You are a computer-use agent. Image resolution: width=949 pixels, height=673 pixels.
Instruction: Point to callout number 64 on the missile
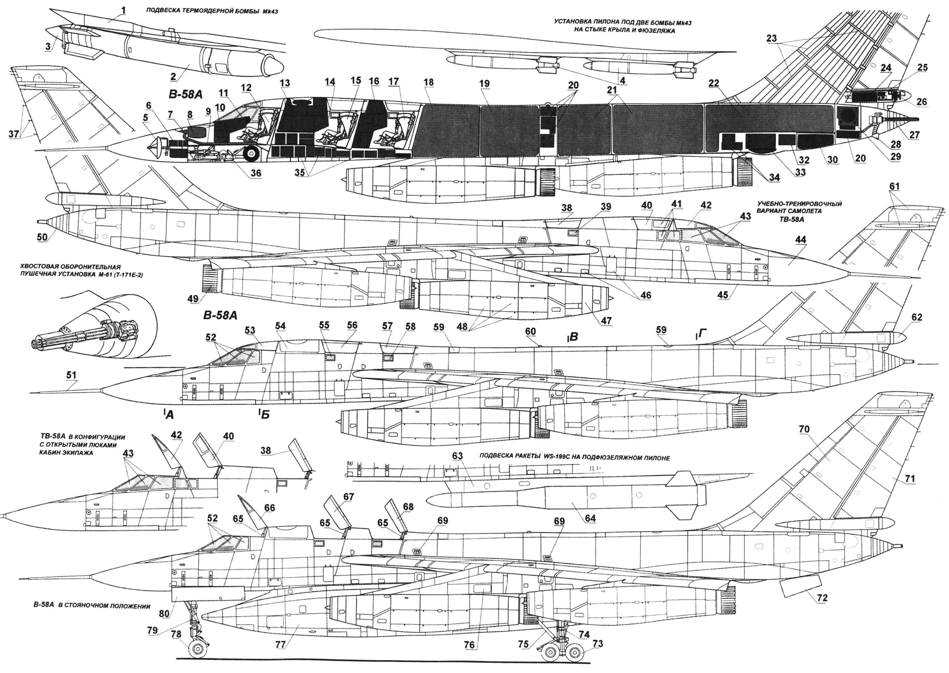[590, 518]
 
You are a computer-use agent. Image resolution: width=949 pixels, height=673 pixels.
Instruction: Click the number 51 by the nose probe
[71, 375]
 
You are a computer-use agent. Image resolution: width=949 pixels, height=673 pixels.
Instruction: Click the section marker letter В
[574, 337]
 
